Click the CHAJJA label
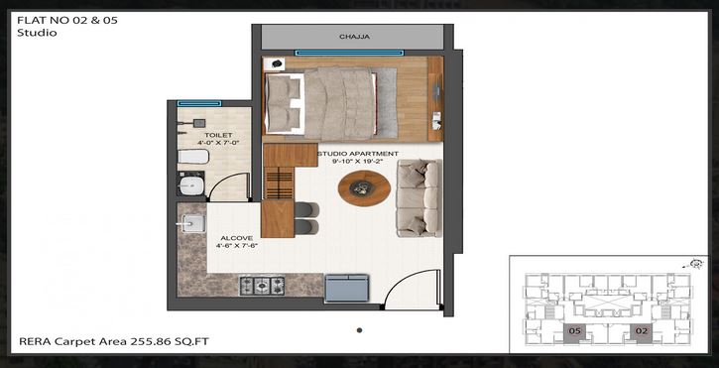354,37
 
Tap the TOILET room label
217,133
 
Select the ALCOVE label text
237,238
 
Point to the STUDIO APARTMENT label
358,154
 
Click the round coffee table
364,187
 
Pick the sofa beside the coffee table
419,198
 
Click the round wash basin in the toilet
192,185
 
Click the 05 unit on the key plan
574,331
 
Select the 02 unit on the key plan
642,331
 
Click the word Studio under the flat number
37,33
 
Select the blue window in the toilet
199,102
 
